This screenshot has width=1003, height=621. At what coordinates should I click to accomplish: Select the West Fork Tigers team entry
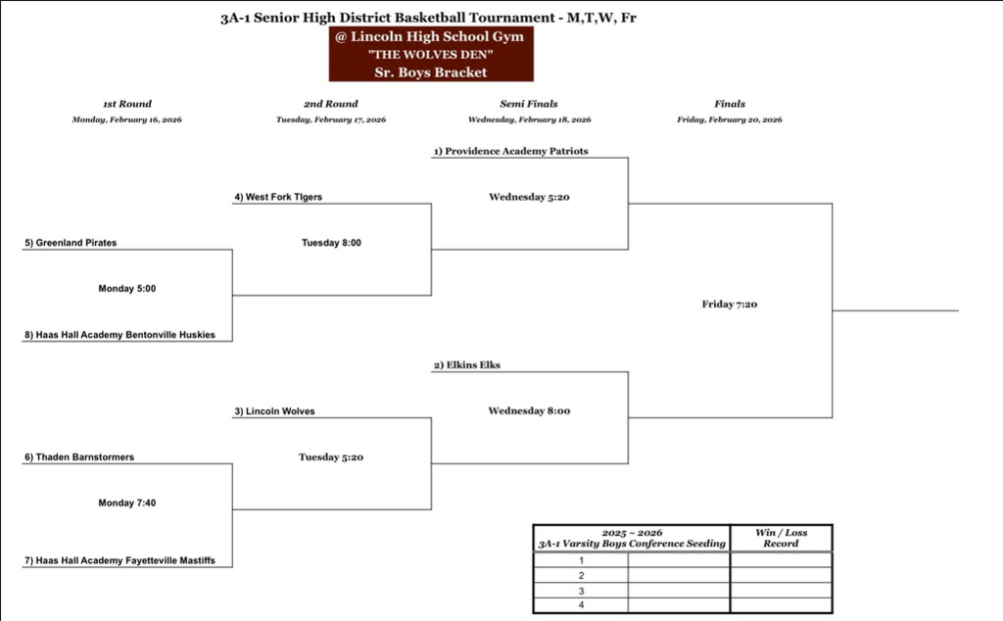tap(278, 197)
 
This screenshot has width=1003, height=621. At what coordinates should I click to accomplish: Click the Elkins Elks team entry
tap(467, 365)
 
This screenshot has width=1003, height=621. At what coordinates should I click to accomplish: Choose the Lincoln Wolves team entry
tap(274, 411)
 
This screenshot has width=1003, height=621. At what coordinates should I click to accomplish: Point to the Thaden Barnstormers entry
tap(79, 457)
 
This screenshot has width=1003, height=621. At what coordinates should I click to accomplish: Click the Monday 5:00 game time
tap(127, 289)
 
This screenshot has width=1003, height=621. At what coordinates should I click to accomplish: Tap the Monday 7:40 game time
tap(127, 502)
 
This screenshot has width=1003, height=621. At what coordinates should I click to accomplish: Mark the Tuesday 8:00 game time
tap(331, 243)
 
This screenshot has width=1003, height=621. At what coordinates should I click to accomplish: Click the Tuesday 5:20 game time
tap(331, 456)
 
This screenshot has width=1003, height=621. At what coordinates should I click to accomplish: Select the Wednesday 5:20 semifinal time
tap(529, 197)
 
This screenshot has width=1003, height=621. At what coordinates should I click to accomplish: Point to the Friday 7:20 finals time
tap(730, 305)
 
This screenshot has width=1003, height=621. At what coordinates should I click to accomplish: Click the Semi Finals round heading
tap(529, 104)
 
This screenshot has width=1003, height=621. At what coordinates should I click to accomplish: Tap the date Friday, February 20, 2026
tap(730, 119)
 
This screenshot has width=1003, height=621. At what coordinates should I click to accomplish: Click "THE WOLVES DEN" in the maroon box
tap(431, 55)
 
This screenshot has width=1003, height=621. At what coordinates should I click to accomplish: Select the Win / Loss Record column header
tap(782, 538)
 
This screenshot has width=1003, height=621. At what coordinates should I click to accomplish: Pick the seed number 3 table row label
tap(581, 592)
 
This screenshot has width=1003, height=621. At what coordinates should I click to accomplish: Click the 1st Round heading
tap(127, 104)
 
